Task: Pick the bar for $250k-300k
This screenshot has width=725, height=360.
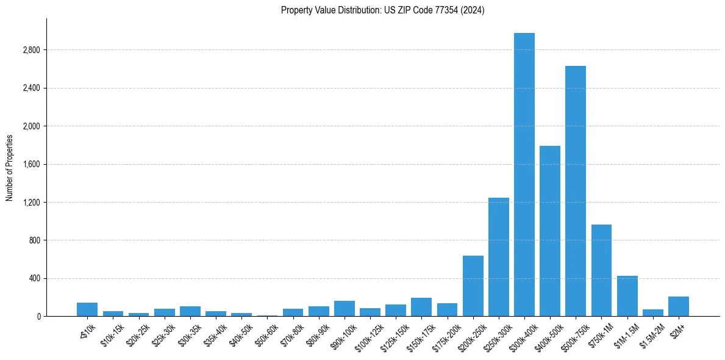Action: pos(498,257)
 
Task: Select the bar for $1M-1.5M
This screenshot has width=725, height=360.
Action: pos(627,296)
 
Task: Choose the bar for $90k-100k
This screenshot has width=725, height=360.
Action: pos(344,308)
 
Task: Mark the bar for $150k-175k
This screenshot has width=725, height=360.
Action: pos(421,307)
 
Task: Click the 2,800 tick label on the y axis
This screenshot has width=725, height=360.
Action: pos(31,50)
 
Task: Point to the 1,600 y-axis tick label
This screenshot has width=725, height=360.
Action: pos(31,164)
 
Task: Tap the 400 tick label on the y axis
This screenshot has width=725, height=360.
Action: pos(34,278)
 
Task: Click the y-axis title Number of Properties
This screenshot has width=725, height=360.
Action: pos(10,168)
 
